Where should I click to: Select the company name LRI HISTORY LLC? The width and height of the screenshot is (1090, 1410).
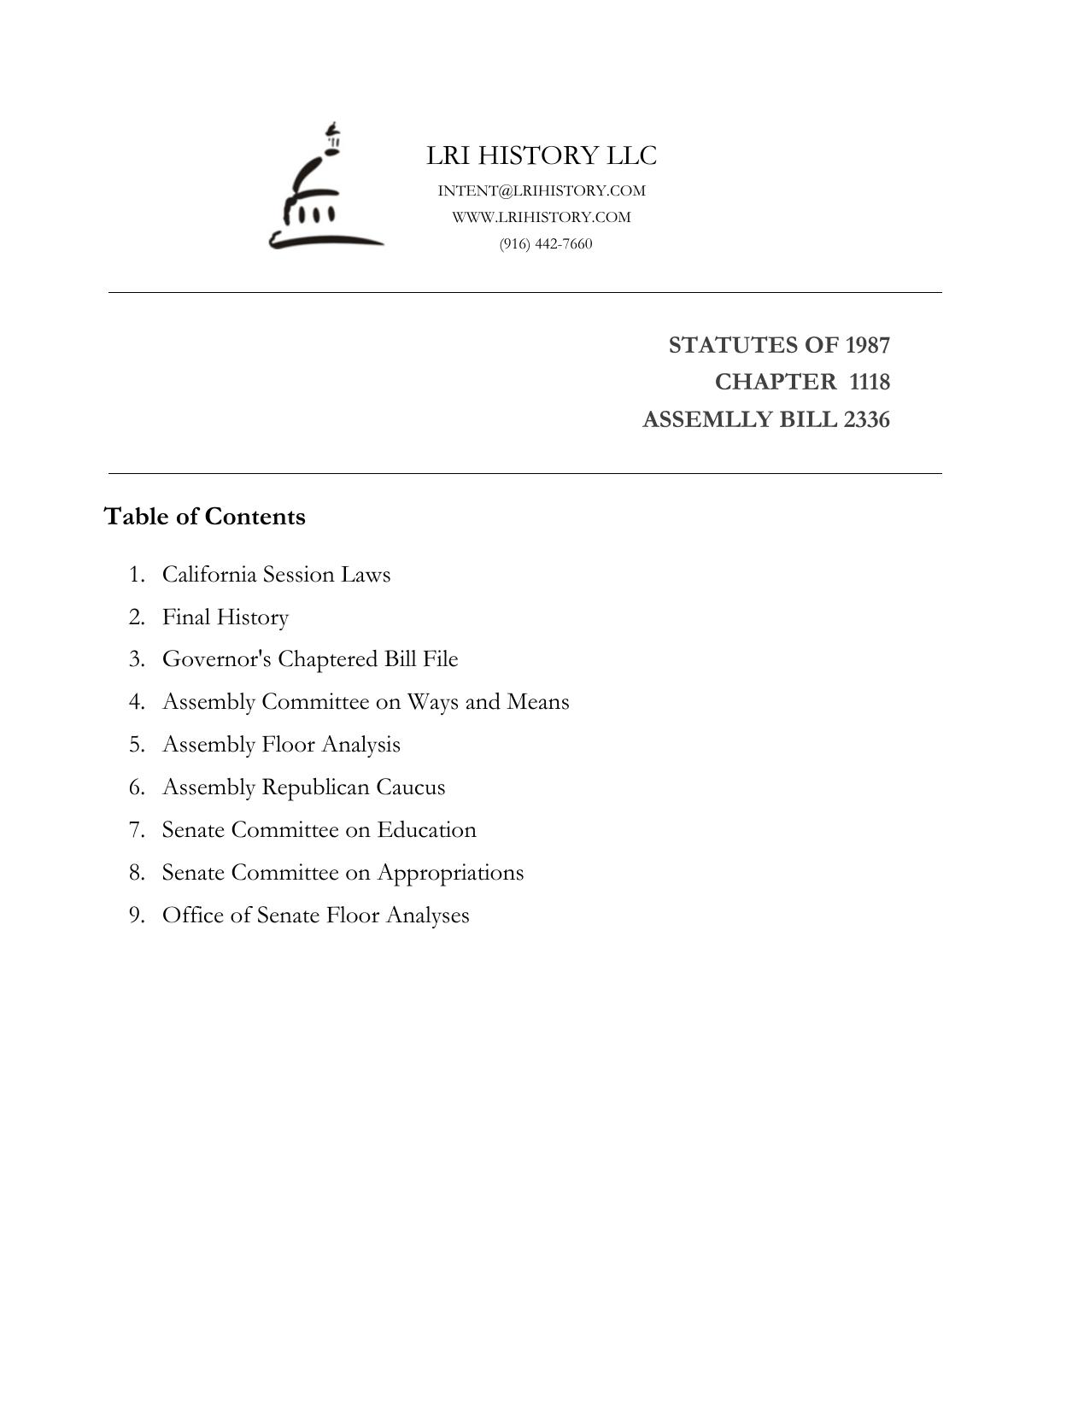pyautogui.click(x=542, y=155)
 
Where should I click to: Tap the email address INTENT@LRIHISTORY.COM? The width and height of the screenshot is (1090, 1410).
pyautogui.click(x=542, y=190)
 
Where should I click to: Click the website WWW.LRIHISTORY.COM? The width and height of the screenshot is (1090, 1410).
pyautogui.click(x=542, y=217)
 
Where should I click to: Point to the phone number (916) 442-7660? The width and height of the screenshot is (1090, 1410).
pyautogui.click(x=546, y=243)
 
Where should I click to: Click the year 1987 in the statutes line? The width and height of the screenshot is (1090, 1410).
pyautogui.click(x=867, y=345)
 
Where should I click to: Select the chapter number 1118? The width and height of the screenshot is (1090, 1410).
pyautogui.click(x=870, y=382)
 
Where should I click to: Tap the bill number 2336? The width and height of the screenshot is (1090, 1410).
pyautogui.click(x=866, y=419)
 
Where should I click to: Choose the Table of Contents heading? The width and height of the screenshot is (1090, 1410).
pyautogui.click(x=204, y=517)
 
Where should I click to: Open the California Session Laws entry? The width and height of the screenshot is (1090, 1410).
pyautogui.click(x=276, y=574)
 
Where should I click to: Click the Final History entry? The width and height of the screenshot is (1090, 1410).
pyautogui.click(x=226, y=617)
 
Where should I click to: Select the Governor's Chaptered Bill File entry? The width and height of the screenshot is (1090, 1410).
pyautogui.click(x=310, y=659)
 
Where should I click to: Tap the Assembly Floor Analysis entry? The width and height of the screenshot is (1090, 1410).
pyautogui.click(x=281, y=745)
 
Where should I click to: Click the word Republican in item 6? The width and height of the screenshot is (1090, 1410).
pyautogui.click(x=315, y=787)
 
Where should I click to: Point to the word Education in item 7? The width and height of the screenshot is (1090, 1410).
pyautogui.click(x=426, y=830)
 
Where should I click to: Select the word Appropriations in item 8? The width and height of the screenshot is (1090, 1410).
pyautogui.click(x=450, y=873)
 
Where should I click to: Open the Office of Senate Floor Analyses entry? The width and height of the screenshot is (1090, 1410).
pyautogui.click(x=315, y=916)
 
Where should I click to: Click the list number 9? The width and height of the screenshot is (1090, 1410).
pyautogui.click(x=136, y=916)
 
